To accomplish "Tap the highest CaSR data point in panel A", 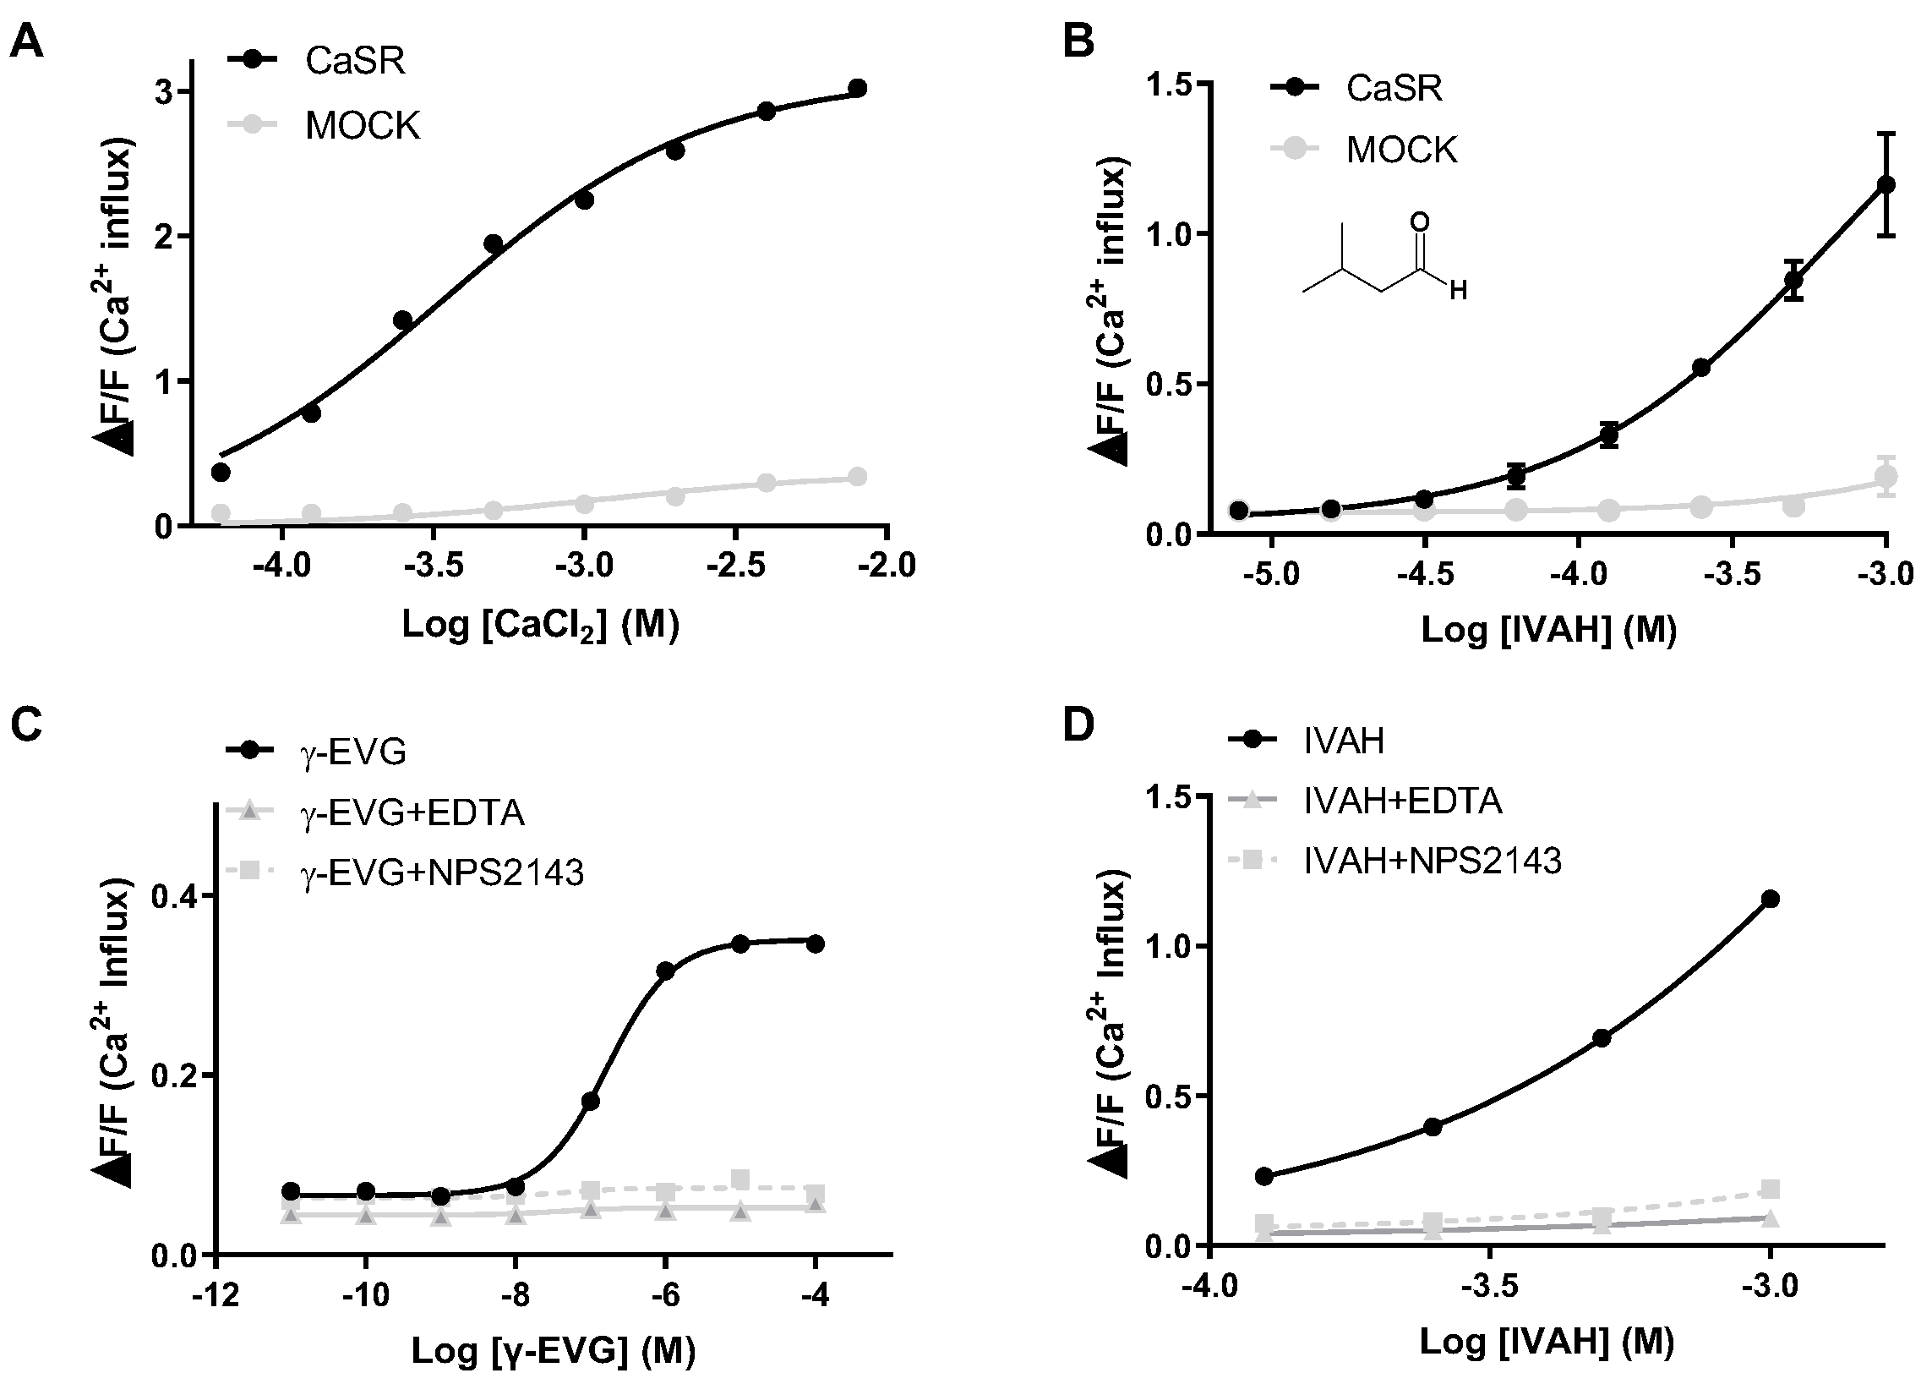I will click(x=857, y=88).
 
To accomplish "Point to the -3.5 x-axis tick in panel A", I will click(x=433, y=564).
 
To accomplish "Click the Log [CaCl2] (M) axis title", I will click(x=541, y=626).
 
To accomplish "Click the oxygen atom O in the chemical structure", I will click(x=1422, y=222).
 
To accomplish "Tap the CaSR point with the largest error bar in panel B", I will click(x=1886, y=184).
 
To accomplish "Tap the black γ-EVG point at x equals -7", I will click(x=590, y=1101).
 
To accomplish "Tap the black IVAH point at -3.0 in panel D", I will click(x=1770, y=899).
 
